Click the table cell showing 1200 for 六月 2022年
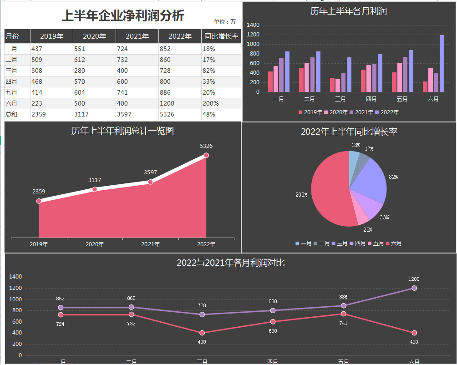pos(179,103)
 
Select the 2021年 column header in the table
pos(137,36)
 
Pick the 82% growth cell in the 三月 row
pos(221,71)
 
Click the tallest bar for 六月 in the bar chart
pos(442,63)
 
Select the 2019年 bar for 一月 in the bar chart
pos(270,81)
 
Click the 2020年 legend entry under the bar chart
pos(338,112)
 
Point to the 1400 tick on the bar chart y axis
pos(253,25)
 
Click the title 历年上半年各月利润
pos(349,11)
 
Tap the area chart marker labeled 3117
pos(95,189)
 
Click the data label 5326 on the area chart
pos(206,146)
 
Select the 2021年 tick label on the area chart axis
pos(150,244)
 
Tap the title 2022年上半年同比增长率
pos(349,132)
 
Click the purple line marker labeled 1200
pos(414,288)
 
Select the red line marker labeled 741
pos(344,314)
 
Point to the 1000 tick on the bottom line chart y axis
pos(15,299)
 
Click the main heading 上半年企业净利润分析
pos(123,16)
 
